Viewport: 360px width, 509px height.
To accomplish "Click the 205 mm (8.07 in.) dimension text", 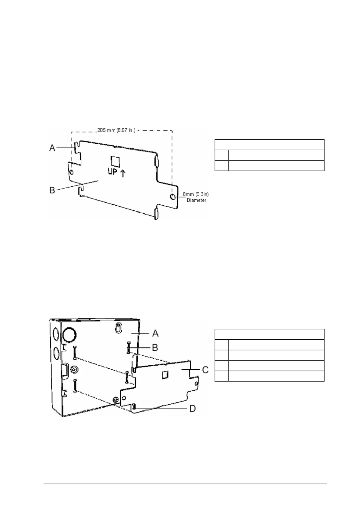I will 116,130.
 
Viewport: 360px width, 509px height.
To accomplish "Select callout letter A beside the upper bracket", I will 52,148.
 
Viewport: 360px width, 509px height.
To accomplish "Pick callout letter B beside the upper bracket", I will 52,191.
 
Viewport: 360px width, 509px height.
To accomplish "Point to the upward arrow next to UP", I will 123,174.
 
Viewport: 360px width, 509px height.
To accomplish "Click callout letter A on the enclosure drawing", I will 155,333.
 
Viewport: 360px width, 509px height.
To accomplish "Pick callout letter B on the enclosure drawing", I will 155,347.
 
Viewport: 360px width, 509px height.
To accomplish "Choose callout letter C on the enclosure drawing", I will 205,370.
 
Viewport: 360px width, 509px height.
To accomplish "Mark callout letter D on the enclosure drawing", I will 192,409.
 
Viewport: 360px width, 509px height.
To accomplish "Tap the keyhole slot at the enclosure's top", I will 119,328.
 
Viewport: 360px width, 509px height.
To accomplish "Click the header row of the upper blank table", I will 269,145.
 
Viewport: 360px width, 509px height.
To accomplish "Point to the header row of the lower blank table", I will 269,334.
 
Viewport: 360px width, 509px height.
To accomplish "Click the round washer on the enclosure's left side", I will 74,370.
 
